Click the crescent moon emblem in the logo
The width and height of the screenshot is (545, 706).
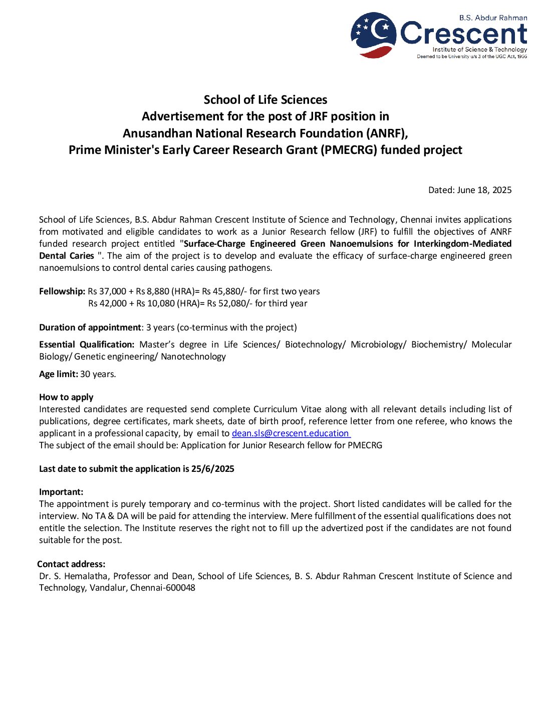(x=374, y=34)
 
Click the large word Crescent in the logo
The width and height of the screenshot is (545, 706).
(x=464, y=34)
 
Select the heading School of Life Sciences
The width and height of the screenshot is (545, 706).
(x=265, y=100)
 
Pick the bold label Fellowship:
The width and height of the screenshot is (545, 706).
(x=62, y=291)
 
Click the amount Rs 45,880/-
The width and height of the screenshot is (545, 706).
(x=224, y=291)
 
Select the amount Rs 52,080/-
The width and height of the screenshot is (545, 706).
(x=229, y=303)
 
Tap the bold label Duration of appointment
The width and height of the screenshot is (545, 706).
(x=90, y=327)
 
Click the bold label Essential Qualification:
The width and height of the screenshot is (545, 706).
(x=87, y=344)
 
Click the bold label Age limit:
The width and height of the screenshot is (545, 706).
(x=59, y=374)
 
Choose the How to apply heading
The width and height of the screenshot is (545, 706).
(x=66, y=397)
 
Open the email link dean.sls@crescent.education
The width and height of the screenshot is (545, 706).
(x=291, y=433)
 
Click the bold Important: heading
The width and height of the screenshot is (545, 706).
(x=61, y=492)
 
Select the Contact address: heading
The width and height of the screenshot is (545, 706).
(x=71, y=564)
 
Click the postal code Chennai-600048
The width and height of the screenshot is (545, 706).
(x=163, y=588)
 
